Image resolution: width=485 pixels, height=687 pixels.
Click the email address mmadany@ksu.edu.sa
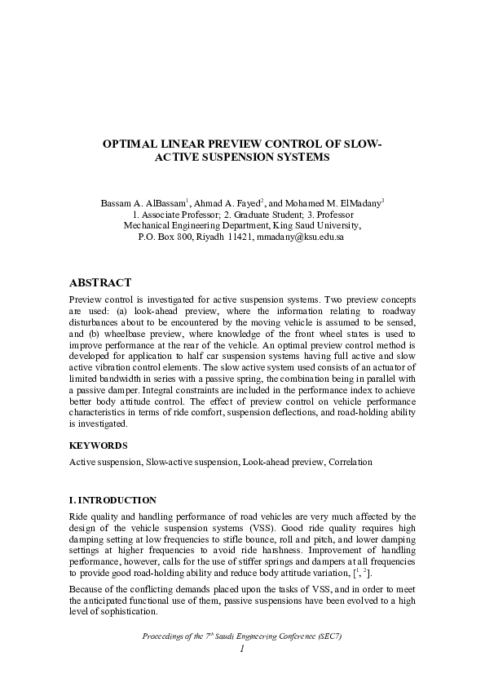tap(300, 237)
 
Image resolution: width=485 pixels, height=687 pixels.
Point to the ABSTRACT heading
tap(100, 283)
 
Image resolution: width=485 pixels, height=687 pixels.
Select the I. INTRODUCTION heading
tap(112, 499)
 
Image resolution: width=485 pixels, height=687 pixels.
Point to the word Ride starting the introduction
tap(78, 516)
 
